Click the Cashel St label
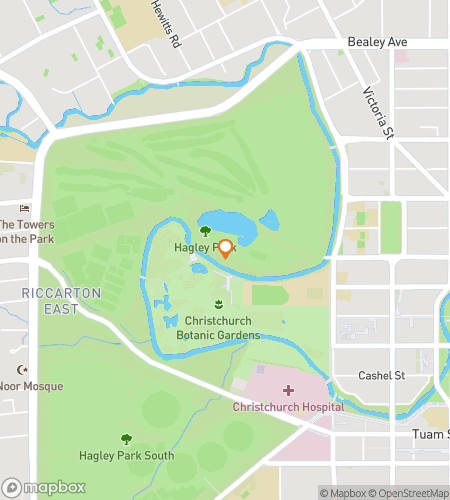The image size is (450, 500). click(x=381, y=375)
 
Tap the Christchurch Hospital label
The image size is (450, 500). click(x=288, y=407)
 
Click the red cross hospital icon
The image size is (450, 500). click(x=288, y=390)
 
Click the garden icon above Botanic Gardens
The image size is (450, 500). click(x=218, y=303)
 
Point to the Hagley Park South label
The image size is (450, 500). click(x=126, y=456)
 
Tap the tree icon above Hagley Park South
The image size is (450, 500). click(x=126, y=438)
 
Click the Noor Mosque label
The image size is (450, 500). click(x=31, y=386)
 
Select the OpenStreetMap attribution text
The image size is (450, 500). click(x=410, y=493)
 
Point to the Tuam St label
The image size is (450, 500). click(x=431, y=434)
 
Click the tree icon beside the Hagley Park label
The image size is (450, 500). click(x=205, y=231)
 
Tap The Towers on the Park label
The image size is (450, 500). click(x=27, y=231)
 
